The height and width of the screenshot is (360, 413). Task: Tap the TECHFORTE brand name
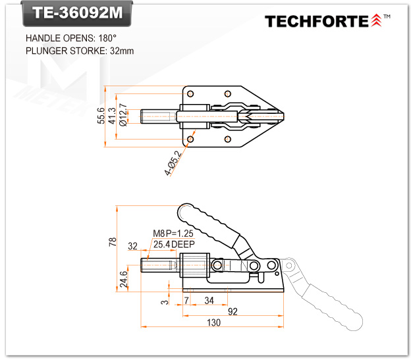point(316,21)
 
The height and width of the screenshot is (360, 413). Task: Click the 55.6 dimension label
point(101,116)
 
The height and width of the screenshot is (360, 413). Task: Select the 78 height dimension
point(113,242)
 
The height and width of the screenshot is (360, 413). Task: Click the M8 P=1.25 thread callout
point(173,234)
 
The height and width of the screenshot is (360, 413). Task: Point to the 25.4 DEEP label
point(173,244)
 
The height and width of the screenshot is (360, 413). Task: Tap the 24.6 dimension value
point(124,278)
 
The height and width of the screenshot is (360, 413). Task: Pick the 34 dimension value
point(209,300)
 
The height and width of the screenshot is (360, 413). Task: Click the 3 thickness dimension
point(164,302)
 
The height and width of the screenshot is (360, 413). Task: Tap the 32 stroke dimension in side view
point(132,246)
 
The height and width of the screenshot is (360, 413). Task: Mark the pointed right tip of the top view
point(283,116)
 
